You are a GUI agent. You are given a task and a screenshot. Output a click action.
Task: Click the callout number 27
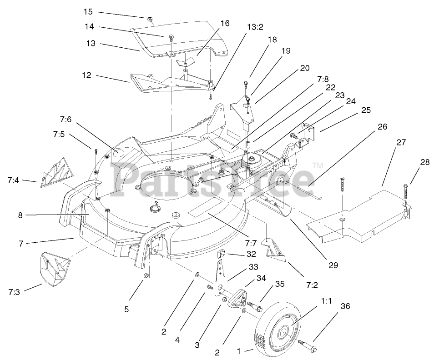coord(400,142)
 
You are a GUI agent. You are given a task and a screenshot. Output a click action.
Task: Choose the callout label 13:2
coord(255,27)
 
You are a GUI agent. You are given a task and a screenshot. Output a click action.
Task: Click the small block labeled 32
coord(222,256)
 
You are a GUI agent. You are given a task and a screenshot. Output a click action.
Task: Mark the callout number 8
coord(20,215)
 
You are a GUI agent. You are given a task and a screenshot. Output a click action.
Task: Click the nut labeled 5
coord(146,276)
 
